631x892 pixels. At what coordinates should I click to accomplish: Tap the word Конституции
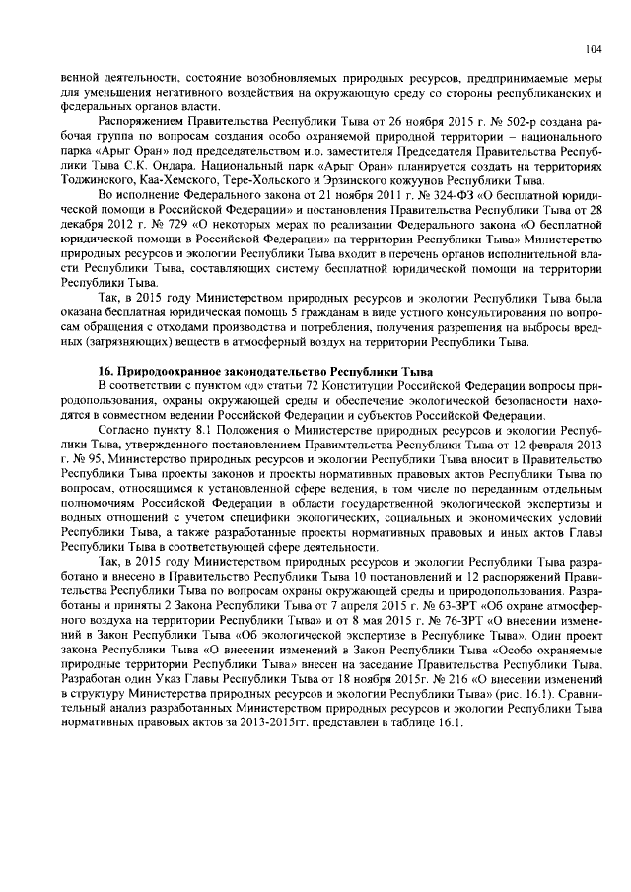click(x=317, y=382)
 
